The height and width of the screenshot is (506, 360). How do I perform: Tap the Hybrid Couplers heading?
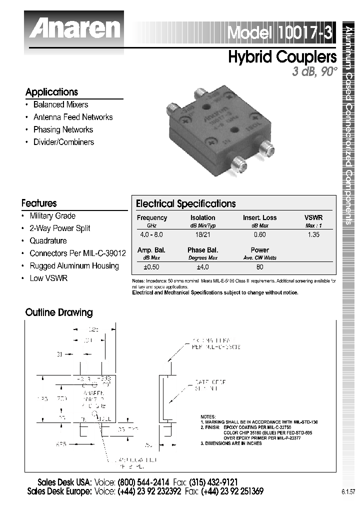pyautogui.click(x=282, y=57)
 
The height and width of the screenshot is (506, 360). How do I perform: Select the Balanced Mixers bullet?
pyautogui.click(x=60, y=104)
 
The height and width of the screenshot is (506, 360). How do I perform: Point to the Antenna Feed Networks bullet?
pyautogui.click(x=73, y=117)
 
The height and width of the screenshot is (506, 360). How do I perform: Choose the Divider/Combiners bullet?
pyautogui.click(x=63, y=142)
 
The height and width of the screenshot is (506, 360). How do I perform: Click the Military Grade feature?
pyautogui.click(x=52, y=216)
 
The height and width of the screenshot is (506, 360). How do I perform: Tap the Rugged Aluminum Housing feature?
pyautogui.click(x=74, y=266)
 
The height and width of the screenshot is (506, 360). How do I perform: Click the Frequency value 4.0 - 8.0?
pyautogui.click(x=151, y=234)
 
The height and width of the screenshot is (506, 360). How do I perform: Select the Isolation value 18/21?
pyautogui.click(x=202, y=234)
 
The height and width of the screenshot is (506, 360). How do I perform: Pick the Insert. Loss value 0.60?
pyautogui.click(x=259, y=234)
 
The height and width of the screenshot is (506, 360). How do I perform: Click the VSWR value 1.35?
pyautogui.click(x=313, y=234)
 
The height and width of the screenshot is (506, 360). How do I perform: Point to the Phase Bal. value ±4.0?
pyautogui.click(x=202, y=266)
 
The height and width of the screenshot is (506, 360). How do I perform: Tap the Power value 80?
pyautogui.click(x=259, y=266)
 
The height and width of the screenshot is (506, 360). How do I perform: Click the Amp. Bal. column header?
pyautogui.click(x=151, y=250)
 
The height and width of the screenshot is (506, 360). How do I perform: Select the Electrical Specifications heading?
pyautogui.click(x=185, y=204)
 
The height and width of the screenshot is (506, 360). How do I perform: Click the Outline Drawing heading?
pyautogui.click(x=59, y=312)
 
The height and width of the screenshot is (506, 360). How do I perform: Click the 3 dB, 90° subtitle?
pyautogui.click(x=315, y=71)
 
